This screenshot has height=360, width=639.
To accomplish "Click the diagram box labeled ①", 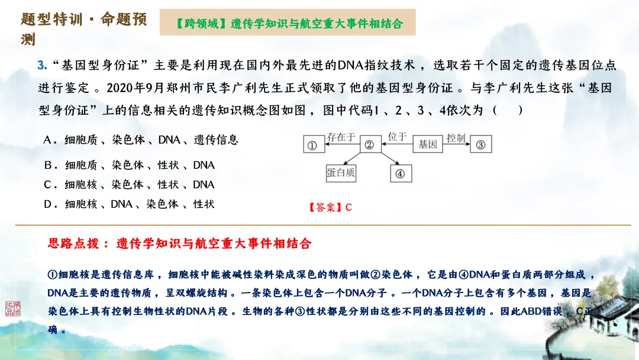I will (x=313, y=144).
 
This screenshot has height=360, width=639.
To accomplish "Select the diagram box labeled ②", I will (x=369, y=144).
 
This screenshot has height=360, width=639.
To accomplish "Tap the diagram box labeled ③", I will (x=481, y=144).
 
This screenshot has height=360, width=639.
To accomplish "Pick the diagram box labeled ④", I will (x=401, y=173).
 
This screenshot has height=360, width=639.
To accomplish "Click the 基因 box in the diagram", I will (x=428, y=144).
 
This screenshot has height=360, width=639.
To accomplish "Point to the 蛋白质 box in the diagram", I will (x=341, y=173).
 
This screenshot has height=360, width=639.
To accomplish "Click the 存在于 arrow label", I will (x=341, y=137).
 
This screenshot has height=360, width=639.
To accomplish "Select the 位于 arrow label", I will (x=397, y=137).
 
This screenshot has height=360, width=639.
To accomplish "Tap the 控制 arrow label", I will (x=456, y=137).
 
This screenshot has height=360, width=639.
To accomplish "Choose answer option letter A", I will (x=49, y=140).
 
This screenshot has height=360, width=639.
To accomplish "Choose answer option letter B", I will (x=49, y=165).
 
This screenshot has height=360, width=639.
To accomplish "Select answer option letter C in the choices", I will (x=49, y=185).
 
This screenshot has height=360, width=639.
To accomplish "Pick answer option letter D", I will (x=49, y=204).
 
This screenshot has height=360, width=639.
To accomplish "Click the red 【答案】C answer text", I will (x=330, y=207).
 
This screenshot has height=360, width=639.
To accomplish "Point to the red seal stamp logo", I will (x=12, y=308).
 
